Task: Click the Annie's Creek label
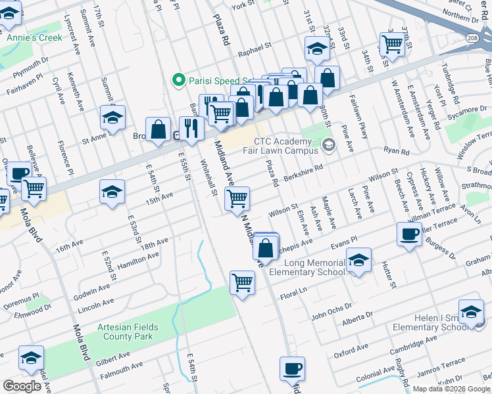(x=34, y=37)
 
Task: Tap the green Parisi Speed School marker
(x=177, y=80)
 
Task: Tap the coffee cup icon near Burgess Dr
(x=409, y=234)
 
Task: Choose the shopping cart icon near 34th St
(x=392, y=45)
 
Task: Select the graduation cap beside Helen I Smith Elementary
(x=471, y=313)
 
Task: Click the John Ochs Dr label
(x=328, y=315)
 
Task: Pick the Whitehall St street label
(x=209, y=179)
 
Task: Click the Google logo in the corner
(x=22, y=386)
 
